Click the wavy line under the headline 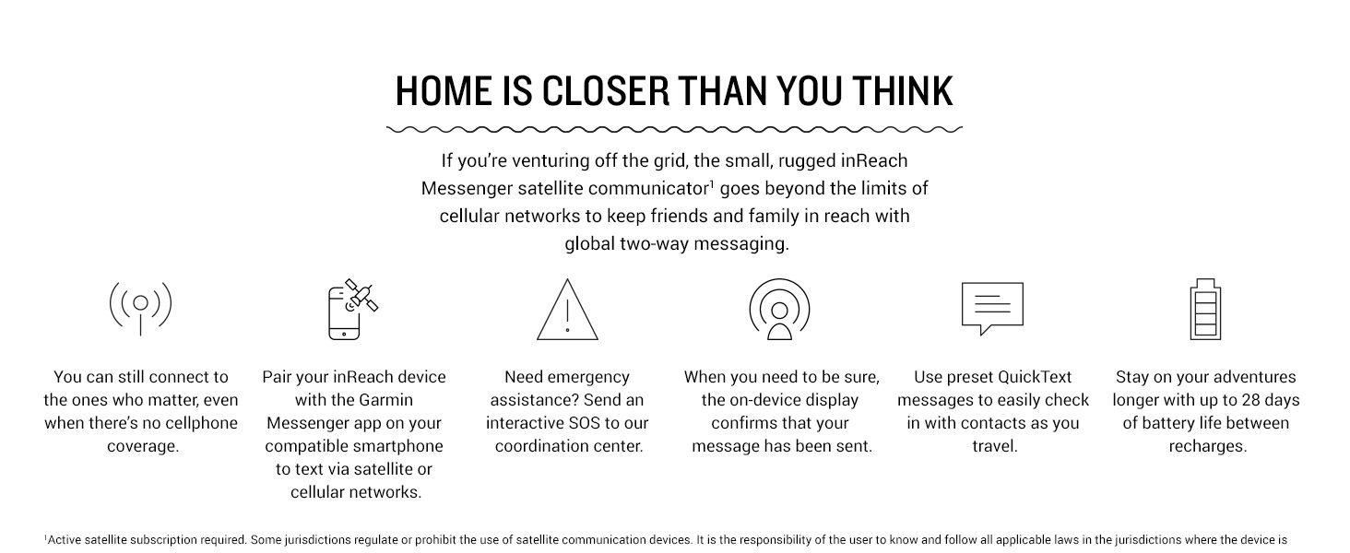coord(674,129)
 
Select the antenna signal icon coord(140,308)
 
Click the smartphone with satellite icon coord(352,309)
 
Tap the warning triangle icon coord(567,309)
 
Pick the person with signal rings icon coord(779,309)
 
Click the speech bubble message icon coord(992,308)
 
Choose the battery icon coord(1205,309)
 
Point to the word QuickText coord(1035,377)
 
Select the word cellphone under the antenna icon coord(202,423)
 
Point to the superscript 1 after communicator coord(712,183)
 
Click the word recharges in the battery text coord(1208,446)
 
